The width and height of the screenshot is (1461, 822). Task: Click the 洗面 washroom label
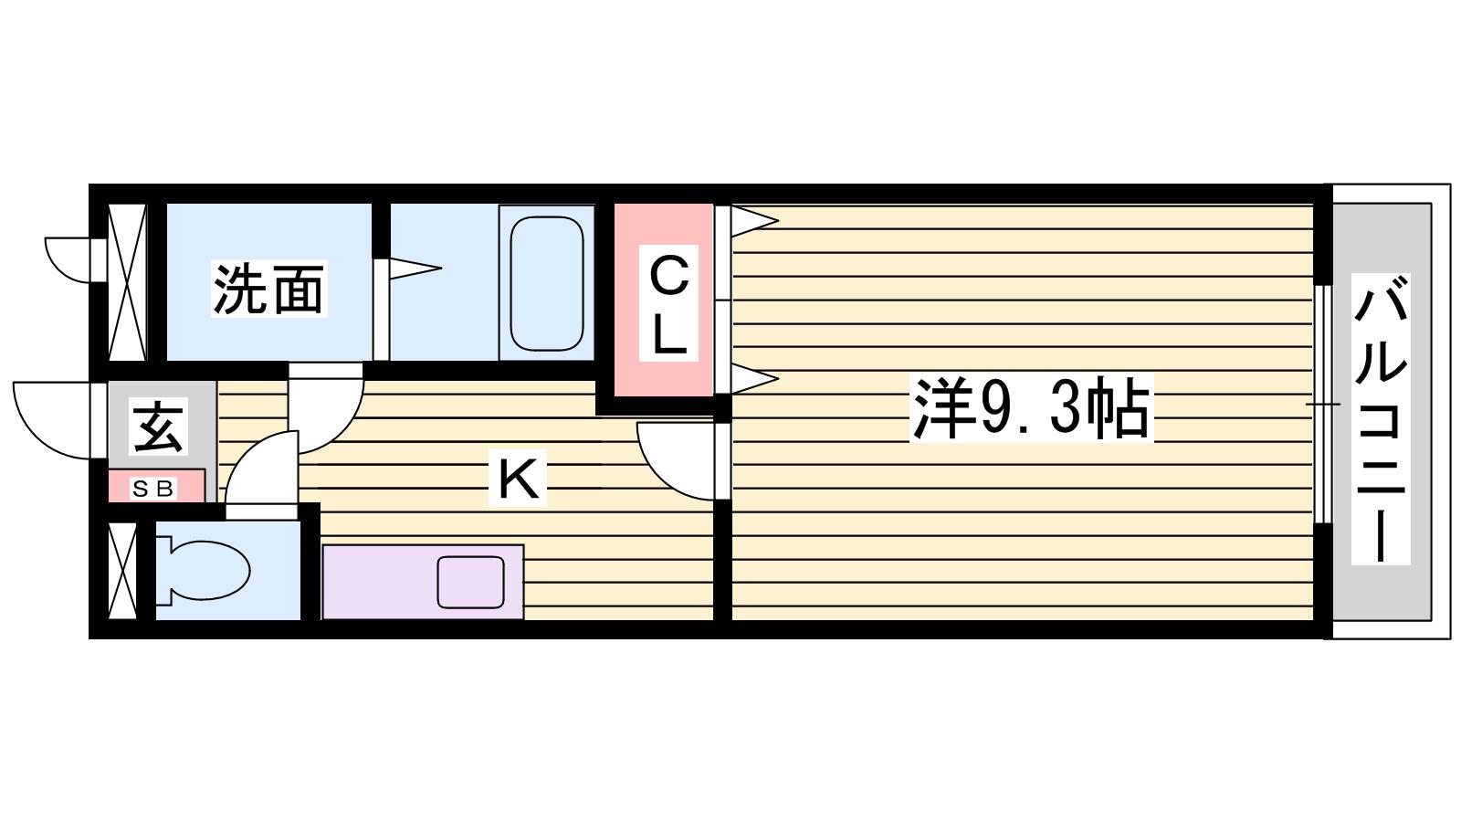(x=268, y=289)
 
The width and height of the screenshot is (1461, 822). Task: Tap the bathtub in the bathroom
(x=547, y=283)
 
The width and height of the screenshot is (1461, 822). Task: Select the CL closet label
(x=668, y=303)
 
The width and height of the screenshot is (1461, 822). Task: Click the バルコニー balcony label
(x=1380, y=418)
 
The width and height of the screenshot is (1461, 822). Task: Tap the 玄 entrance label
(x=158, y=426)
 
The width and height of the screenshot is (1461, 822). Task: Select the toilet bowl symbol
(x=203, y=570)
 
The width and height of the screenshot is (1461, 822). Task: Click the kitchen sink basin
(x=471, y=582)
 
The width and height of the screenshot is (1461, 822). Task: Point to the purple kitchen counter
(x=424, y=581)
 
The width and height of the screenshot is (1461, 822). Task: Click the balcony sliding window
(x=1322, y=405)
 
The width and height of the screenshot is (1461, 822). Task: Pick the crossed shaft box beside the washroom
(x=127, y=282)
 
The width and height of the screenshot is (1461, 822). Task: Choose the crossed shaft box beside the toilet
(x=122, y=571)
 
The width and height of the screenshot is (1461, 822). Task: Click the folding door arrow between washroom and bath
(x=415, y=268)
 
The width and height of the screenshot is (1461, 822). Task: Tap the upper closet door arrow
(x=754, y=220)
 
